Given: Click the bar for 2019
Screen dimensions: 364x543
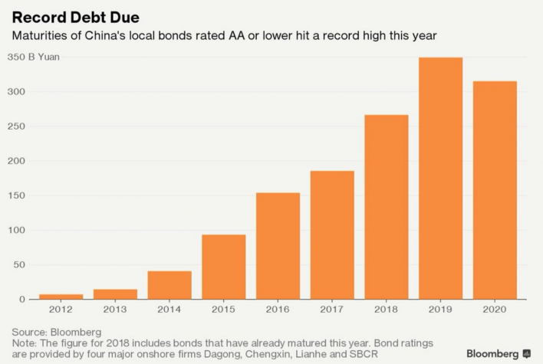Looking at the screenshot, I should click(440, 179).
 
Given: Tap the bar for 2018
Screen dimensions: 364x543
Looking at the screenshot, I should click(386, 207).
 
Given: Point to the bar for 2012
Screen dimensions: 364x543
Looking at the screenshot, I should click(61, 297).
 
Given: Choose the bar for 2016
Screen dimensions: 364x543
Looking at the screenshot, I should click(278, 246).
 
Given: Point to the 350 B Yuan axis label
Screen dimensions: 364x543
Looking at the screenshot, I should click(34, 57).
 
